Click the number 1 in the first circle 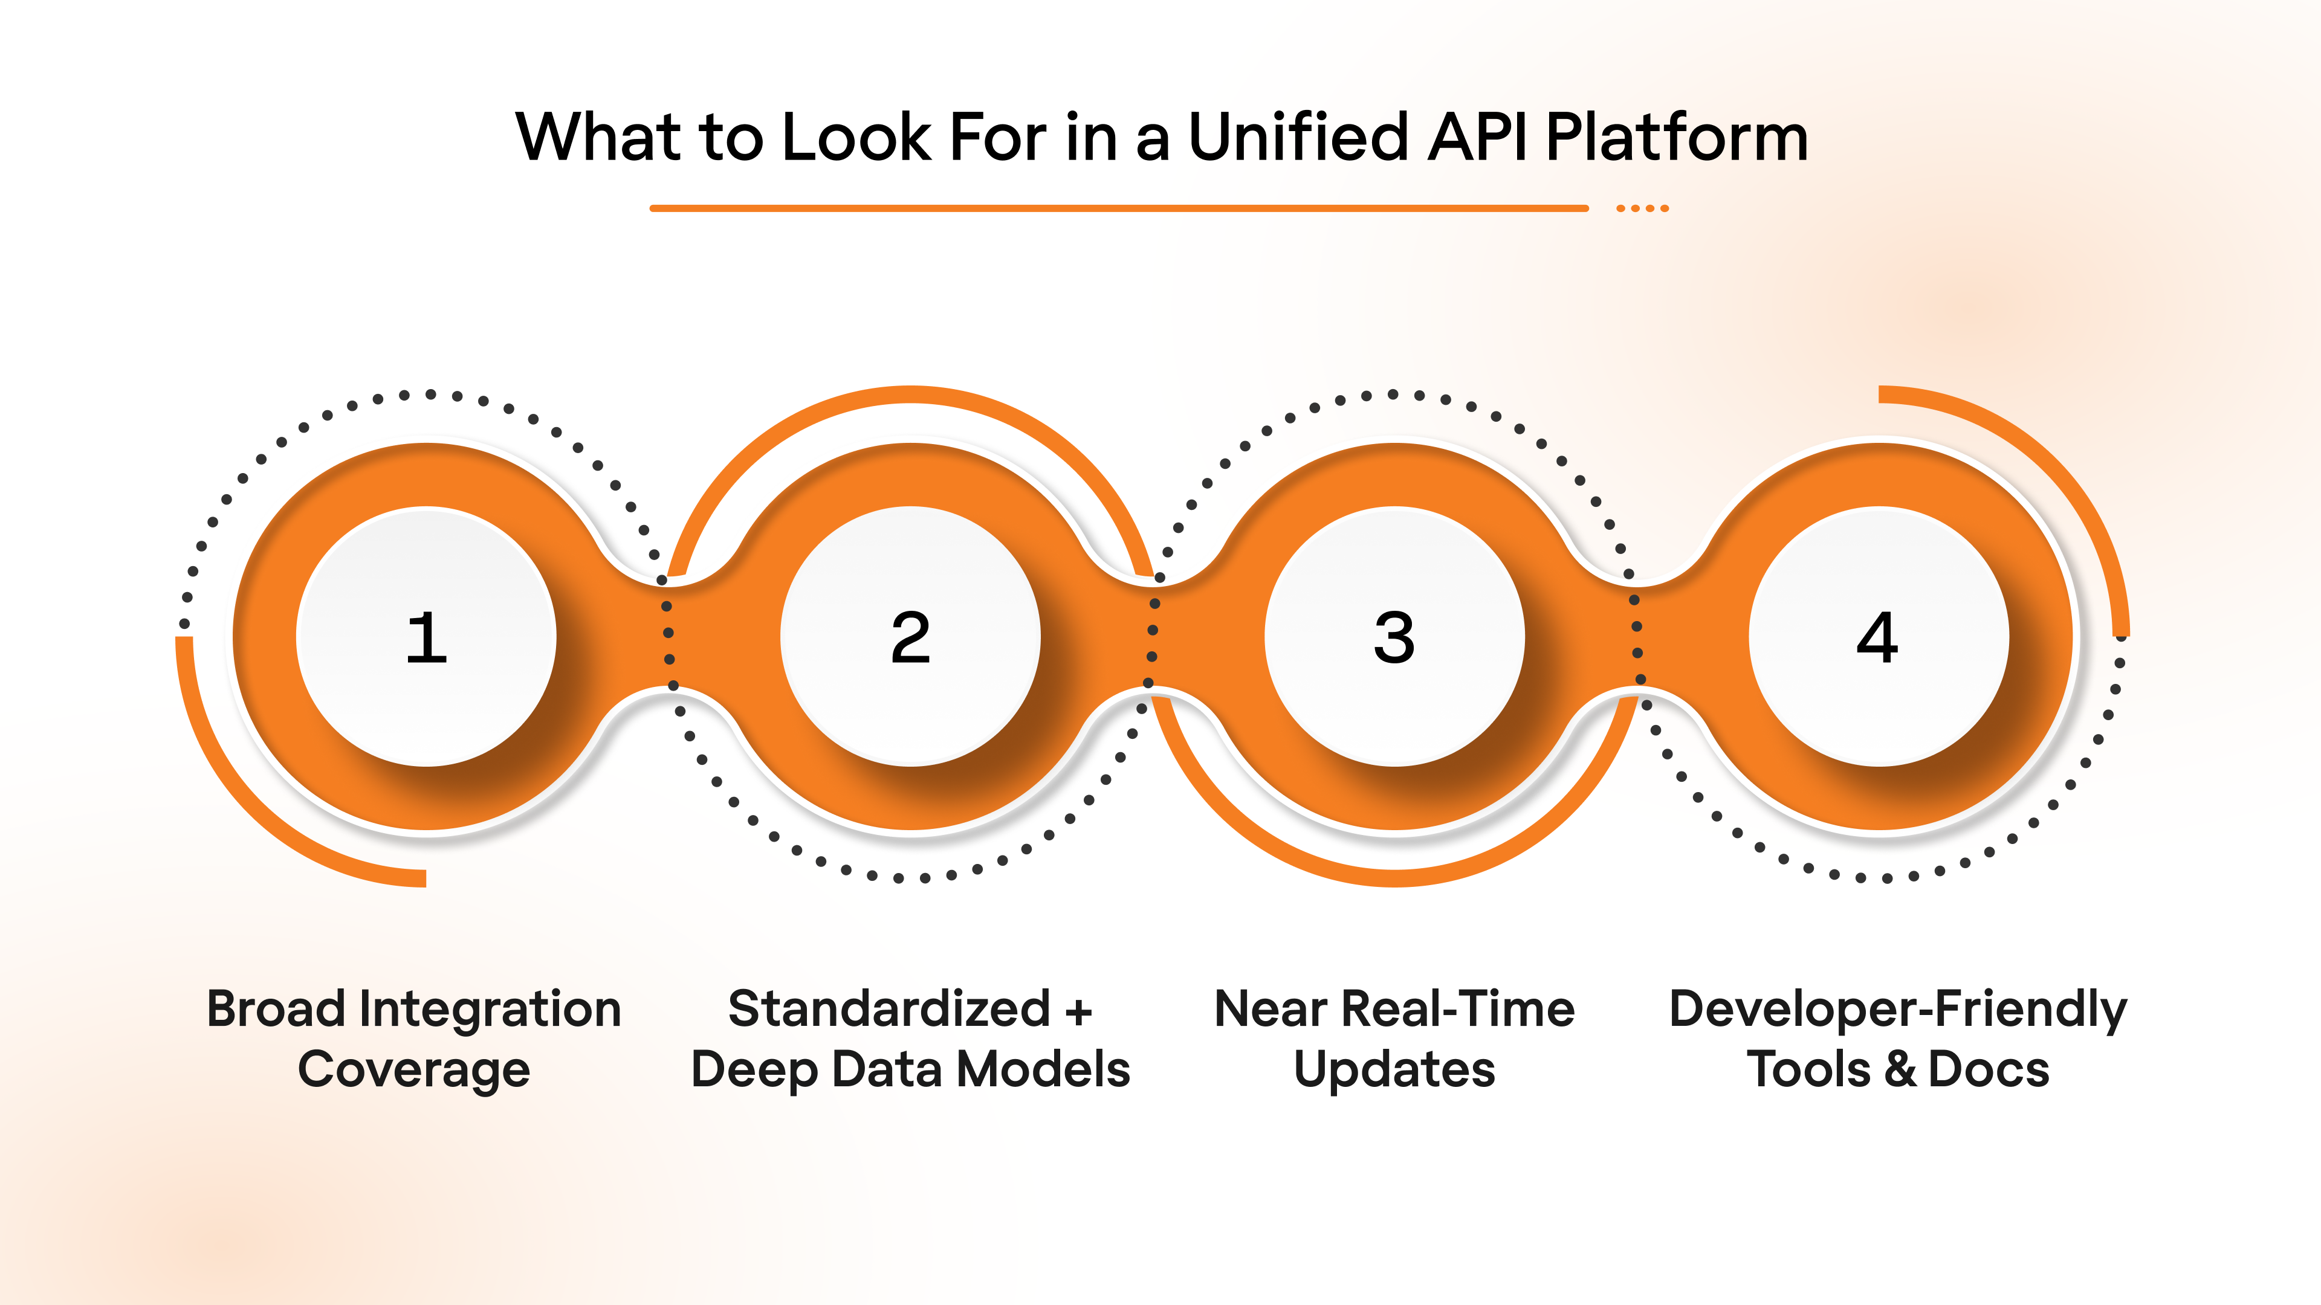click(426, 637)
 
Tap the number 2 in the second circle click(910, 637)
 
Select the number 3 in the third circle click(1394, 637)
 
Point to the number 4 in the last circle click(1878, 637)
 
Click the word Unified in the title click(1298, 137)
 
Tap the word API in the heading click(1478, 137)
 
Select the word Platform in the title click(1677, 137)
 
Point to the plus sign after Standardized click(1078, 1011)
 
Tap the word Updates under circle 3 click(1394, 1071)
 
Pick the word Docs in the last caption click(1989, 1070)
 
